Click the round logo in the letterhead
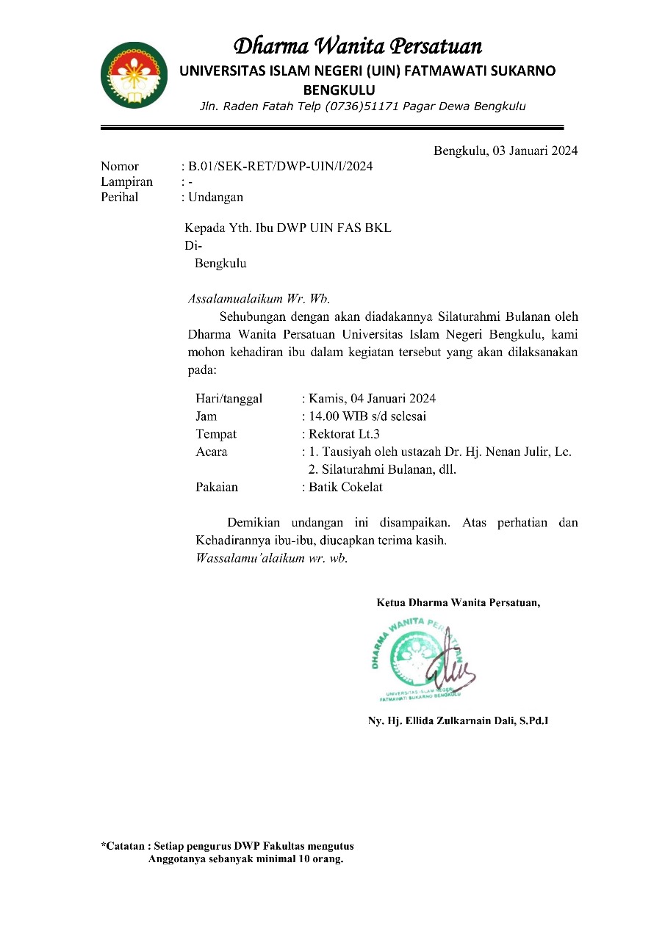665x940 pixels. tap(134, 75)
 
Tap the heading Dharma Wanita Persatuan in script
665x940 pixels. tap(357, 47)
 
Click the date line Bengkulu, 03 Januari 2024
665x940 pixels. tap(505, 151)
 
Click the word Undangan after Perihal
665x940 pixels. tap(215, 198)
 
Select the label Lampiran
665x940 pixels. tap(126, 182)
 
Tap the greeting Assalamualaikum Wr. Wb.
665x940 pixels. tap(259, 299)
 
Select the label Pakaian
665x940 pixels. tap(217, 488)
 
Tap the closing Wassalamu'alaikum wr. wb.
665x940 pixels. tap(271, 558)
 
